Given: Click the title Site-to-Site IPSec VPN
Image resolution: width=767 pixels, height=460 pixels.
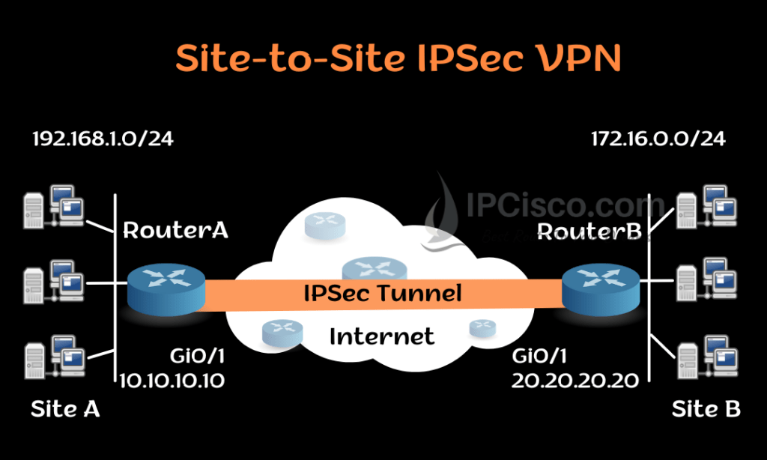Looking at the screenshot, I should [398, 59].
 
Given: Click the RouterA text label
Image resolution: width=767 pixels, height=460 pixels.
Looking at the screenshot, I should [175, 230].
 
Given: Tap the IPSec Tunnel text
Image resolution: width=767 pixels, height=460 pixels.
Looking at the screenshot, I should [382, 294].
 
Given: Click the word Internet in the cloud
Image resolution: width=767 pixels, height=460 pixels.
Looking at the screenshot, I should [382, 336].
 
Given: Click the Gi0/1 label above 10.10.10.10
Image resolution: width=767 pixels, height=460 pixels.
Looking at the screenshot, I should [198, 356].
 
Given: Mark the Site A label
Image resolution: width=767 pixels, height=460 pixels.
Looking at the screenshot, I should [65, 409].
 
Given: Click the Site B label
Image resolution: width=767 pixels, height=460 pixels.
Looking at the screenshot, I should [706, 409].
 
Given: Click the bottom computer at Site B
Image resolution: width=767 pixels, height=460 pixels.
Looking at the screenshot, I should [706, 359].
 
